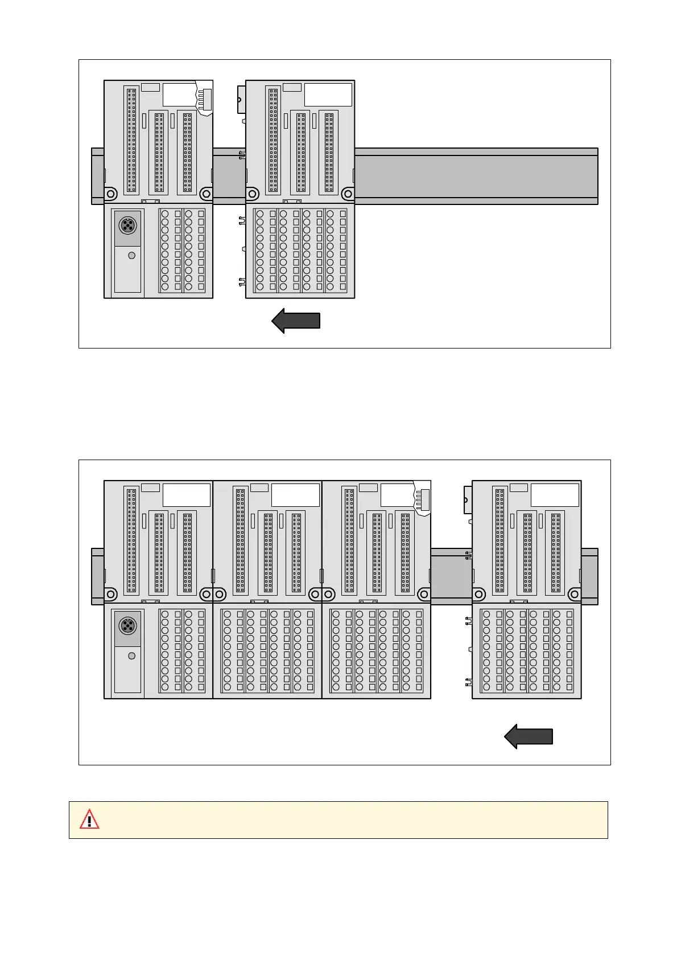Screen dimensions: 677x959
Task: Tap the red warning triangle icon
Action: (x=89, y=819)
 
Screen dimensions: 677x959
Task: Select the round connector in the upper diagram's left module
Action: (x=127, y=226)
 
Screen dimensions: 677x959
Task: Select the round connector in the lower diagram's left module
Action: (x=127, y=626)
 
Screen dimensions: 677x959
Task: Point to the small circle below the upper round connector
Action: (x=132, y=256)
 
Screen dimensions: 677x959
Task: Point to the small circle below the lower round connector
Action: (x=132, y=656)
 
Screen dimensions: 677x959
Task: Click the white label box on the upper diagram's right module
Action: (x=328, y=95)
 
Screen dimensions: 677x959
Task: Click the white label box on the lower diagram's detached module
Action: (x=555, y=495)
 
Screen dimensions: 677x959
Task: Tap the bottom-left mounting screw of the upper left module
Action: (x=111, y=194)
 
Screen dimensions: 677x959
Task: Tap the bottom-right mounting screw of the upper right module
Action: (x=348, y=194)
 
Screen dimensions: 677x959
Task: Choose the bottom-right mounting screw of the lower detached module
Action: (x=574, y=595)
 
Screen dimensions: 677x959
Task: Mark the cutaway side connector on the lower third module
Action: (x=423, y=499)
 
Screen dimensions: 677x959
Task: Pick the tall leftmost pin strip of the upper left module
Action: (x=131, y=140)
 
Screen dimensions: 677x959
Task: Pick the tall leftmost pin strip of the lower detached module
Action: (x=500, y=540)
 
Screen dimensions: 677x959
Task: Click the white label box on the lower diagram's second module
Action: (x=295, y=495)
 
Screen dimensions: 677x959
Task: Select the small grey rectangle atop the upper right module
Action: (x=292, y=87)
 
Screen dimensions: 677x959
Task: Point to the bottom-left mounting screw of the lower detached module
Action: (x=479, y=595)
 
